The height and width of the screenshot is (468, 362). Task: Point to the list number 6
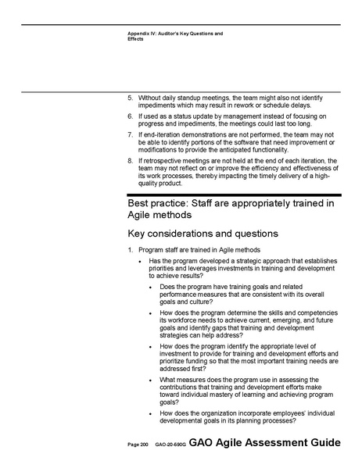[130, 116]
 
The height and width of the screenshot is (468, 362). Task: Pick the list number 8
[130, 160]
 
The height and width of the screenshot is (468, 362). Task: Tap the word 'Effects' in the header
[135, 39]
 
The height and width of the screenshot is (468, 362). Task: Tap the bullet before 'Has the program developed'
[140, 262]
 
